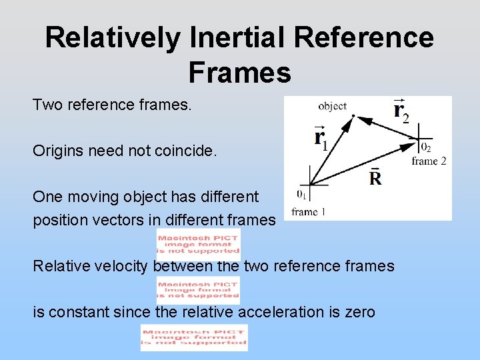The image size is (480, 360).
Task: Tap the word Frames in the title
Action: tap(239, 72)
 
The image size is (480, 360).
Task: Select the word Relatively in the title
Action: tap(113, 38)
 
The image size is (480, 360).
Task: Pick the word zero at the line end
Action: tap(359, 312)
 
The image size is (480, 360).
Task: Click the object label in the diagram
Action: tap(332, 105)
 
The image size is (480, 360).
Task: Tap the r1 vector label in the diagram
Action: tap(320, 138)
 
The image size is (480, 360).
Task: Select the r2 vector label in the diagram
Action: tap(401, 109)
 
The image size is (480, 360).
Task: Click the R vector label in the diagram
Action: tap(375, 178)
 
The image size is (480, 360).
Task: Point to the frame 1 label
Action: tap(309, 212)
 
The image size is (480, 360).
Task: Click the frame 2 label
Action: tap(429, 161)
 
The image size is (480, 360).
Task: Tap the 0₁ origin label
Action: tap(302, 195)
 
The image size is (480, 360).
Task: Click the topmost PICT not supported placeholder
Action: tap(198, 243)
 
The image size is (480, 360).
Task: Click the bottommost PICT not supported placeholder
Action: tap(194, 337)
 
